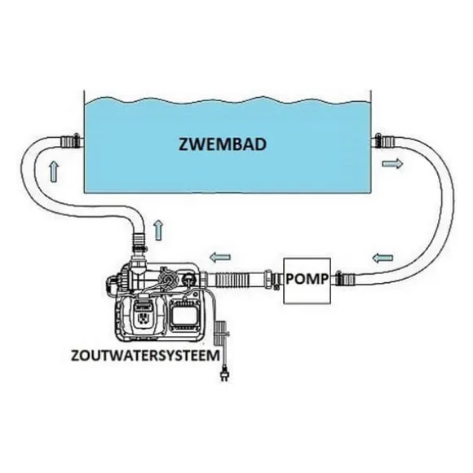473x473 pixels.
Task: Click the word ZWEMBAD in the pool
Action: coord(223,144)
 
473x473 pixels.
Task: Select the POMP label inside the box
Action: coord(307,279)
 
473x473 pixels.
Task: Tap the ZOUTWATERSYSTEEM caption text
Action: coord(145,356)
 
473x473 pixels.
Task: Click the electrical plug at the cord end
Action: coord(223,374)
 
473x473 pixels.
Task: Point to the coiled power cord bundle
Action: coord(220,334)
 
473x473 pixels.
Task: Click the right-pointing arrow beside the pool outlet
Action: coord(392,164)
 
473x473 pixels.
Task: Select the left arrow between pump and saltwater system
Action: coord(220,258)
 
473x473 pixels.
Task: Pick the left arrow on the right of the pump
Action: coord(382,258)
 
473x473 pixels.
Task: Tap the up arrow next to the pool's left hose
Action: coord(54,171)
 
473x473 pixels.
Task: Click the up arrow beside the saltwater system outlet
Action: coord(159,230)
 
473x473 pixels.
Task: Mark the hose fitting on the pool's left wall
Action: coord(72,141)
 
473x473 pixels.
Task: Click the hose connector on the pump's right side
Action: coord(345,278)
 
